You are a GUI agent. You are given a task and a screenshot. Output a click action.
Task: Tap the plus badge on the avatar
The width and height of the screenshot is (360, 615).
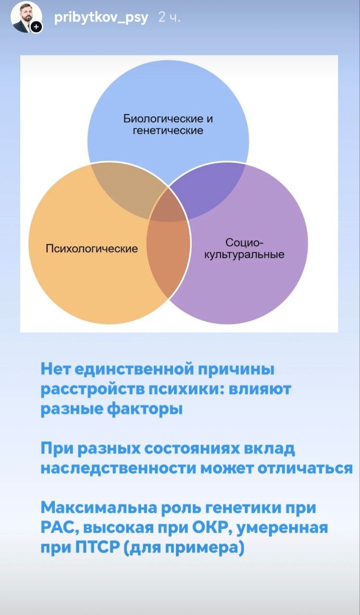[36, 27]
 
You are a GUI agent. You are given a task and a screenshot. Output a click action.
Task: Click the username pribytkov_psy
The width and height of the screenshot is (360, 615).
[101, 18]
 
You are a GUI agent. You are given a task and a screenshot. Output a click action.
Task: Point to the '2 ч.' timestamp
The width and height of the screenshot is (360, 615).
[169, 18]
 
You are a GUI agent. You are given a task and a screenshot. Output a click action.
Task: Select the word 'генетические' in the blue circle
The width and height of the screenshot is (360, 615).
[168, 130]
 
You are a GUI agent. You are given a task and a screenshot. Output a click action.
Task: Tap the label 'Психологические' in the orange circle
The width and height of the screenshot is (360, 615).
[92, 249]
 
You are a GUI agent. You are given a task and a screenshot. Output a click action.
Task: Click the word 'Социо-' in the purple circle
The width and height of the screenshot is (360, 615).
[244, 243]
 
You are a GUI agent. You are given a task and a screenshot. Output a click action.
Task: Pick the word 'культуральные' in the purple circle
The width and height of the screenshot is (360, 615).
[244, 255]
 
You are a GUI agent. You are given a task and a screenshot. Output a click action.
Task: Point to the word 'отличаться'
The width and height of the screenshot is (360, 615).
[305, 468]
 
